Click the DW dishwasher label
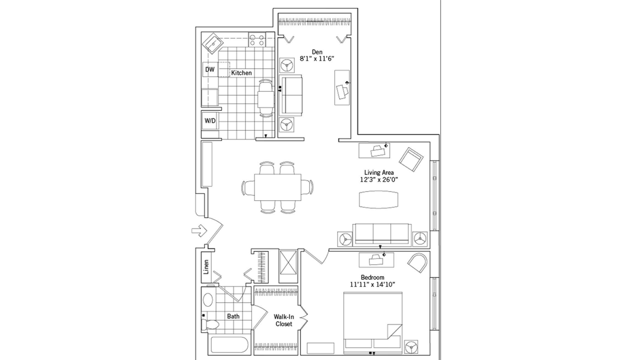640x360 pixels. pos(210,70)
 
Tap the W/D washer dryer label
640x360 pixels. pos(210,121)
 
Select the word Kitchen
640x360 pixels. pos(241,73)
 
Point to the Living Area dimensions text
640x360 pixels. pos(379,180)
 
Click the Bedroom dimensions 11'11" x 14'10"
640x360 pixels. pos(372,284)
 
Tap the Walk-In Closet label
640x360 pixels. pos(283,320)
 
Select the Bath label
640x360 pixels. pos(233,316)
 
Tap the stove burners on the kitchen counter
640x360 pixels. pos(256,39)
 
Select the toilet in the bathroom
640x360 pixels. pos(212,324)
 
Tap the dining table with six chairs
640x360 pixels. pos(277,187)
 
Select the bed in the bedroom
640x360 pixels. pos(372,322)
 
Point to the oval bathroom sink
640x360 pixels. pos(208,300)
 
